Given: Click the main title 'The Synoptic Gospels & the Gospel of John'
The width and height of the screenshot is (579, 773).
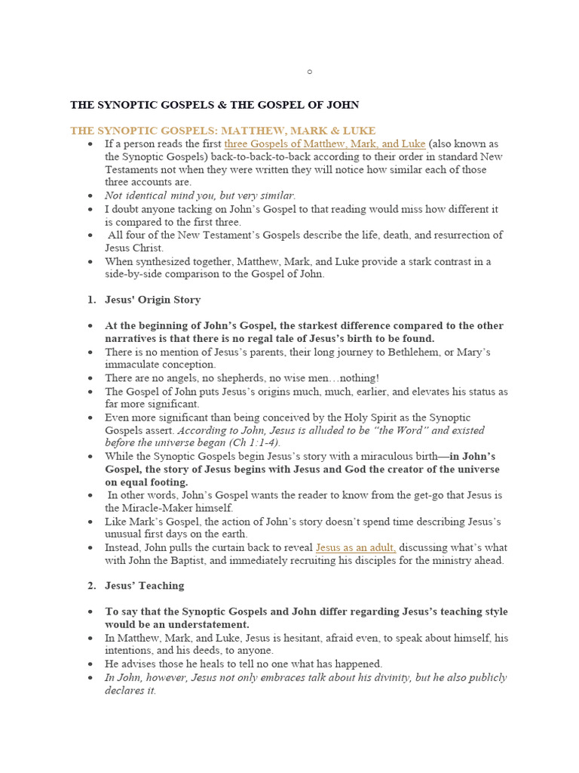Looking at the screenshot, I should (x=215, y=105).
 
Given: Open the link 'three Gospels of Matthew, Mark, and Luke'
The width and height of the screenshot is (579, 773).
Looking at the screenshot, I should (x=325, y=143).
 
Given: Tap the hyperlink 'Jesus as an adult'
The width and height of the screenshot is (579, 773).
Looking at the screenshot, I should (x=356, y=547).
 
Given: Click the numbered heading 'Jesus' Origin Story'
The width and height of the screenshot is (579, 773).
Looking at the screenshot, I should (x=152, y=300).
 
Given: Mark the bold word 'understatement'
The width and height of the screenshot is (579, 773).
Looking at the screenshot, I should (x=209, y=624).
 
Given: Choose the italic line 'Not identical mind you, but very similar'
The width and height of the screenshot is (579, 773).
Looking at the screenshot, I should (x=200, y=196).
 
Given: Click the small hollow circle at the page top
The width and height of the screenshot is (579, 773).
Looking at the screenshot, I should (x=309, y=72).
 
